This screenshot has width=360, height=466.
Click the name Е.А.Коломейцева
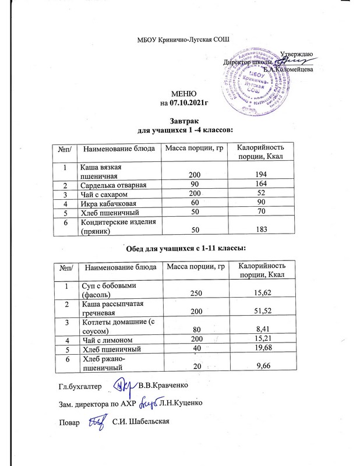pos(288,69)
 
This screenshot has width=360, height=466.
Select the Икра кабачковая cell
pos(108,203)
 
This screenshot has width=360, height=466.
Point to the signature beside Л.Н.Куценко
pos(150,403)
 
